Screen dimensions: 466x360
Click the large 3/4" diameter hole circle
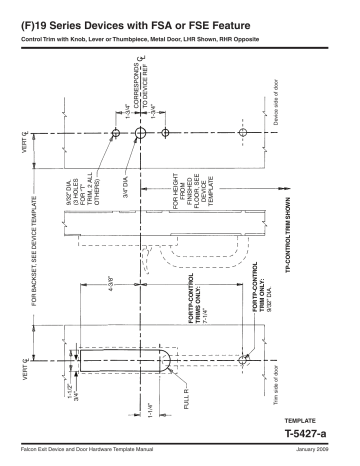point(142,133)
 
